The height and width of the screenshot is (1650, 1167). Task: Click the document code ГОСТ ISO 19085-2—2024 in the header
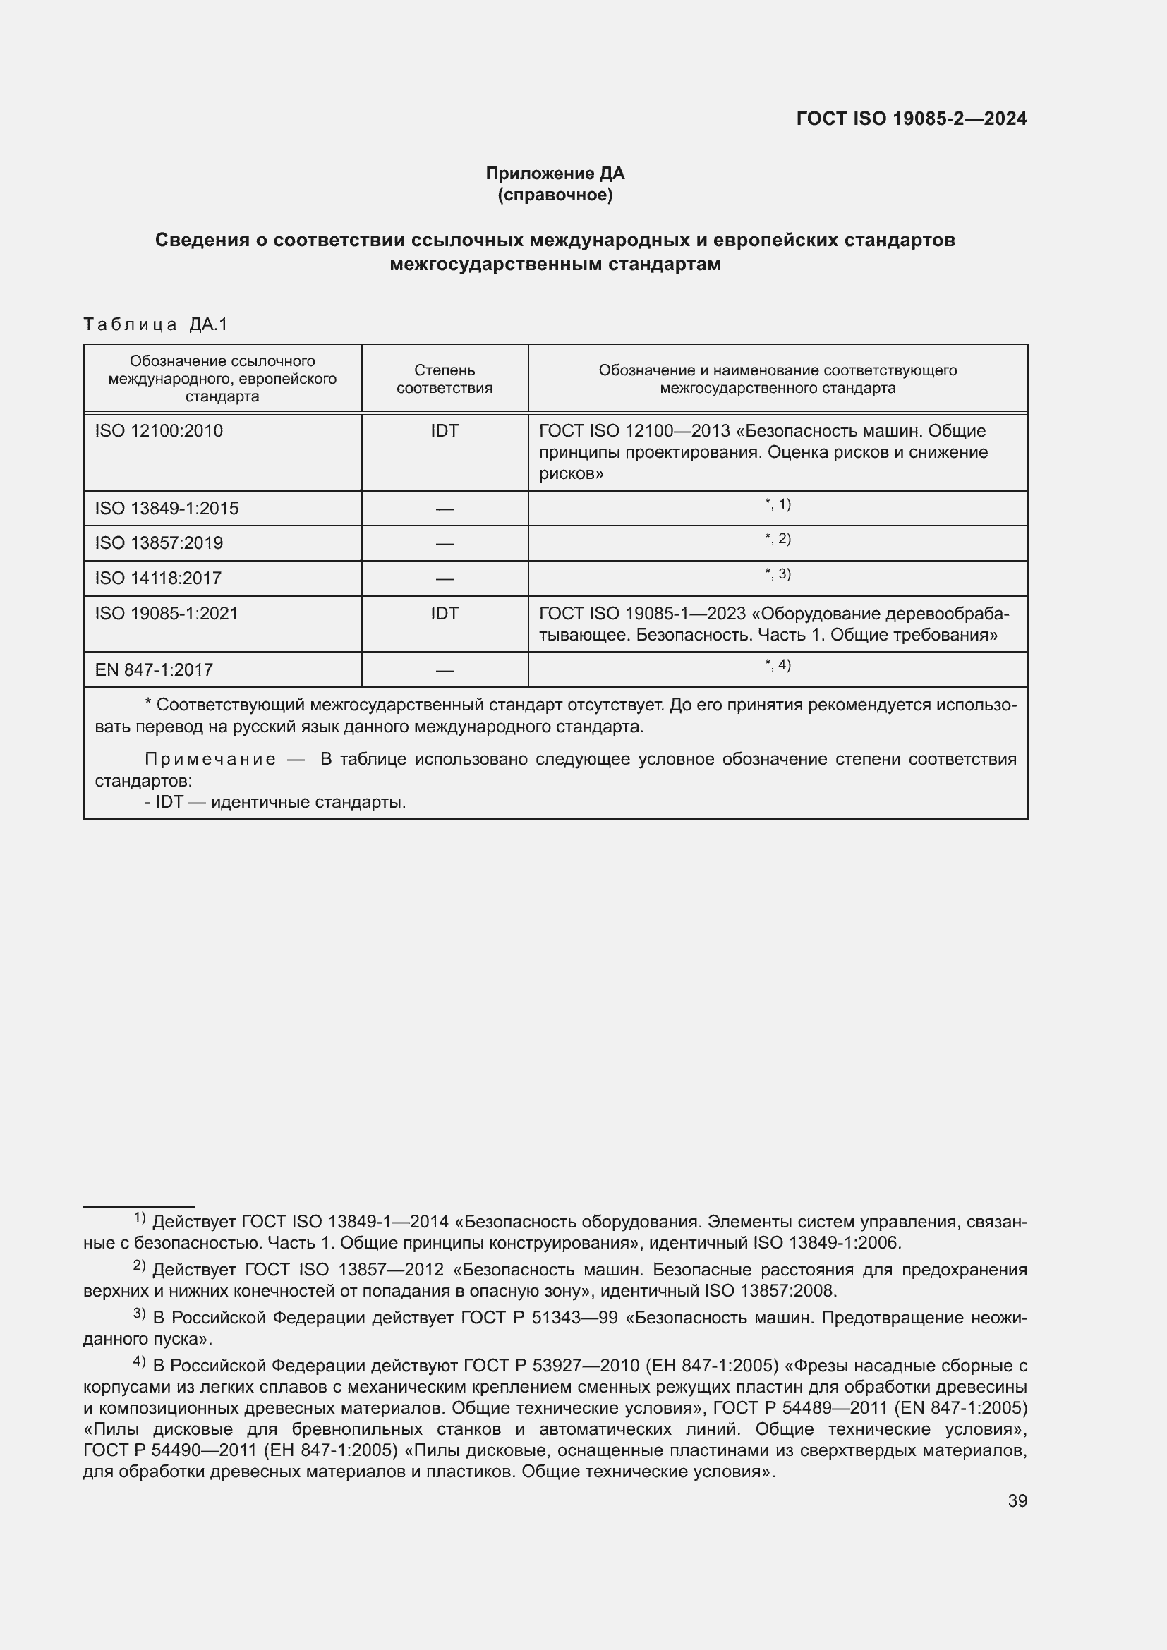click(x=911, y=119)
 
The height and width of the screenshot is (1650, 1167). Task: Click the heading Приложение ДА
click(x=555, y=174)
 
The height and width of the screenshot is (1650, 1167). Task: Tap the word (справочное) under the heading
click(x=555, y=195)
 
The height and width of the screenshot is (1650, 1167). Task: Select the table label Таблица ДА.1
click(x=155, y=324)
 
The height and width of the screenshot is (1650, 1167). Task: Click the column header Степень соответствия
click(x=444, y=379)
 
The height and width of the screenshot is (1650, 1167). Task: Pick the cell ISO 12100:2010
click(x=159, y=430)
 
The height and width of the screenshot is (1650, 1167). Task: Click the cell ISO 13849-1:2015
click(x=167, y=508)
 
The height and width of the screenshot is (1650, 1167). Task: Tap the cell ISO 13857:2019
click(x=159, y=542)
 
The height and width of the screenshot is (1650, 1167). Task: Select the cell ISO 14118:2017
click(x=158, y=578)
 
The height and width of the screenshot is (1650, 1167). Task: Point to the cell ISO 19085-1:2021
click(x=166, y=613)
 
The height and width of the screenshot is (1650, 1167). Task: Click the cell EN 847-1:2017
click(x=154, y=669)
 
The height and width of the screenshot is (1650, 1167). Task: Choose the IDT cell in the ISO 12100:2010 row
click(x=444, y=430)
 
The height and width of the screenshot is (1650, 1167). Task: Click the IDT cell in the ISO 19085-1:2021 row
click(x=444, y=613)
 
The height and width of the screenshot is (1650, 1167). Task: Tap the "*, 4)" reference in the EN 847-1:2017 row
click(x=778, y=665)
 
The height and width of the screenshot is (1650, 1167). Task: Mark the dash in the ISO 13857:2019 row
click(x=444, y=544)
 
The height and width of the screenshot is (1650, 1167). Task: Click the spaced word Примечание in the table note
click(x=210, y=759)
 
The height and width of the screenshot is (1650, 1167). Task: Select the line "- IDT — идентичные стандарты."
click(x=275, y=801)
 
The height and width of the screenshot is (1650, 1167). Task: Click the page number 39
click(x=1017, y=1501)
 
